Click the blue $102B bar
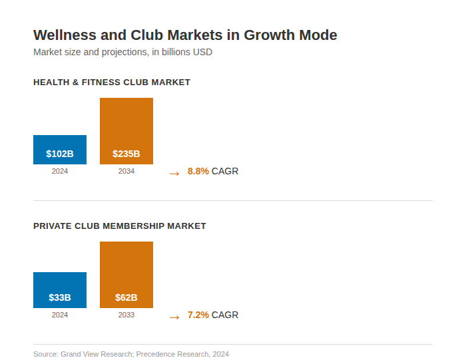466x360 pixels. click(60, 150)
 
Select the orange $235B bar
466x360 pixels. click(126, 131)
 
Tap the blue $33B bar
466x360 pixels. click(60, 290)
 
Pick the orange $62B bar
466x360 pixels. click(126, 275)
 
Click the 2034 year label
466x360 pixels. click(126, 171)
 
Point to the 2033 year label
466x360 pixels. click(126, 315)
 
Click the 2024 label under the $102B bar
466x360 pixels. click(60, 171)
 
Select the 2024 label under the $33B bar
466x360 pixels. click(60, 315)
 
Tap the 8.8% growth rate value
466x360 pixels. click(198, 171)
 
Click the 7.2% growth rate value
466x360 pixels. click(198, 315)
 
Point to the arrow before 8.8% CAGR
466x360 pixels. click(174, 173)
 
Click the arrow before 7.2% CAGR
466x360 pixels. click(174, 317)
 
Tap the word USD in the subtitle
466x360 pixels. click(202, 52)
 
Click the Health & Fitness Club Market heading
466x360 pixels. click(112, 83)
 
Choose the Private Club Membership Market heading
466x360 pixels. click(120, 226)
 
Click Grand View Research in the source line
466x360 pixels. click(96, 354)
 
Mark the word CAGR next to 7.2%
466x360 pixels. click(225, 315)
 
